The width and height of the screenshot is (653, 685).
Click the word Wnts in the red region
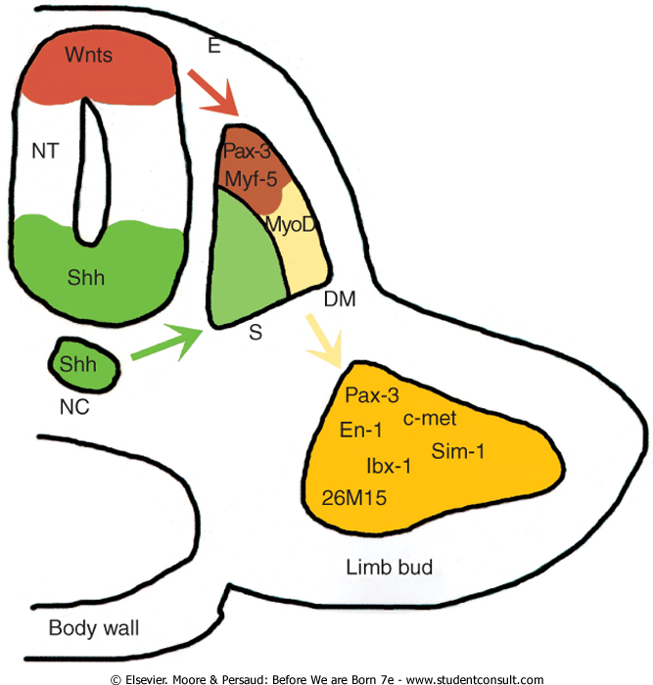(88, 54)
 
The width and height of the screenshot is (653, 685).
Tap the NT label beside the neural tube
(45, 152)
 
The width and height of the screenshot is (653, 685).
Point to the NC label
(74, 405)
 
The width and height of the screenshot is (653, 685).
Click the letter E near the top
(213, 44)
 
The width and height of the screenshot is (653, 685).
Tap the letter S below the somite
(255, 333)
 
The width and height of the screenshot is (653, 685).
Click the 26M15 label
(353, 498)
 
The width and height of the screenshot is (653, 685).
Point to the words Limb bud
(390, 567)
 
